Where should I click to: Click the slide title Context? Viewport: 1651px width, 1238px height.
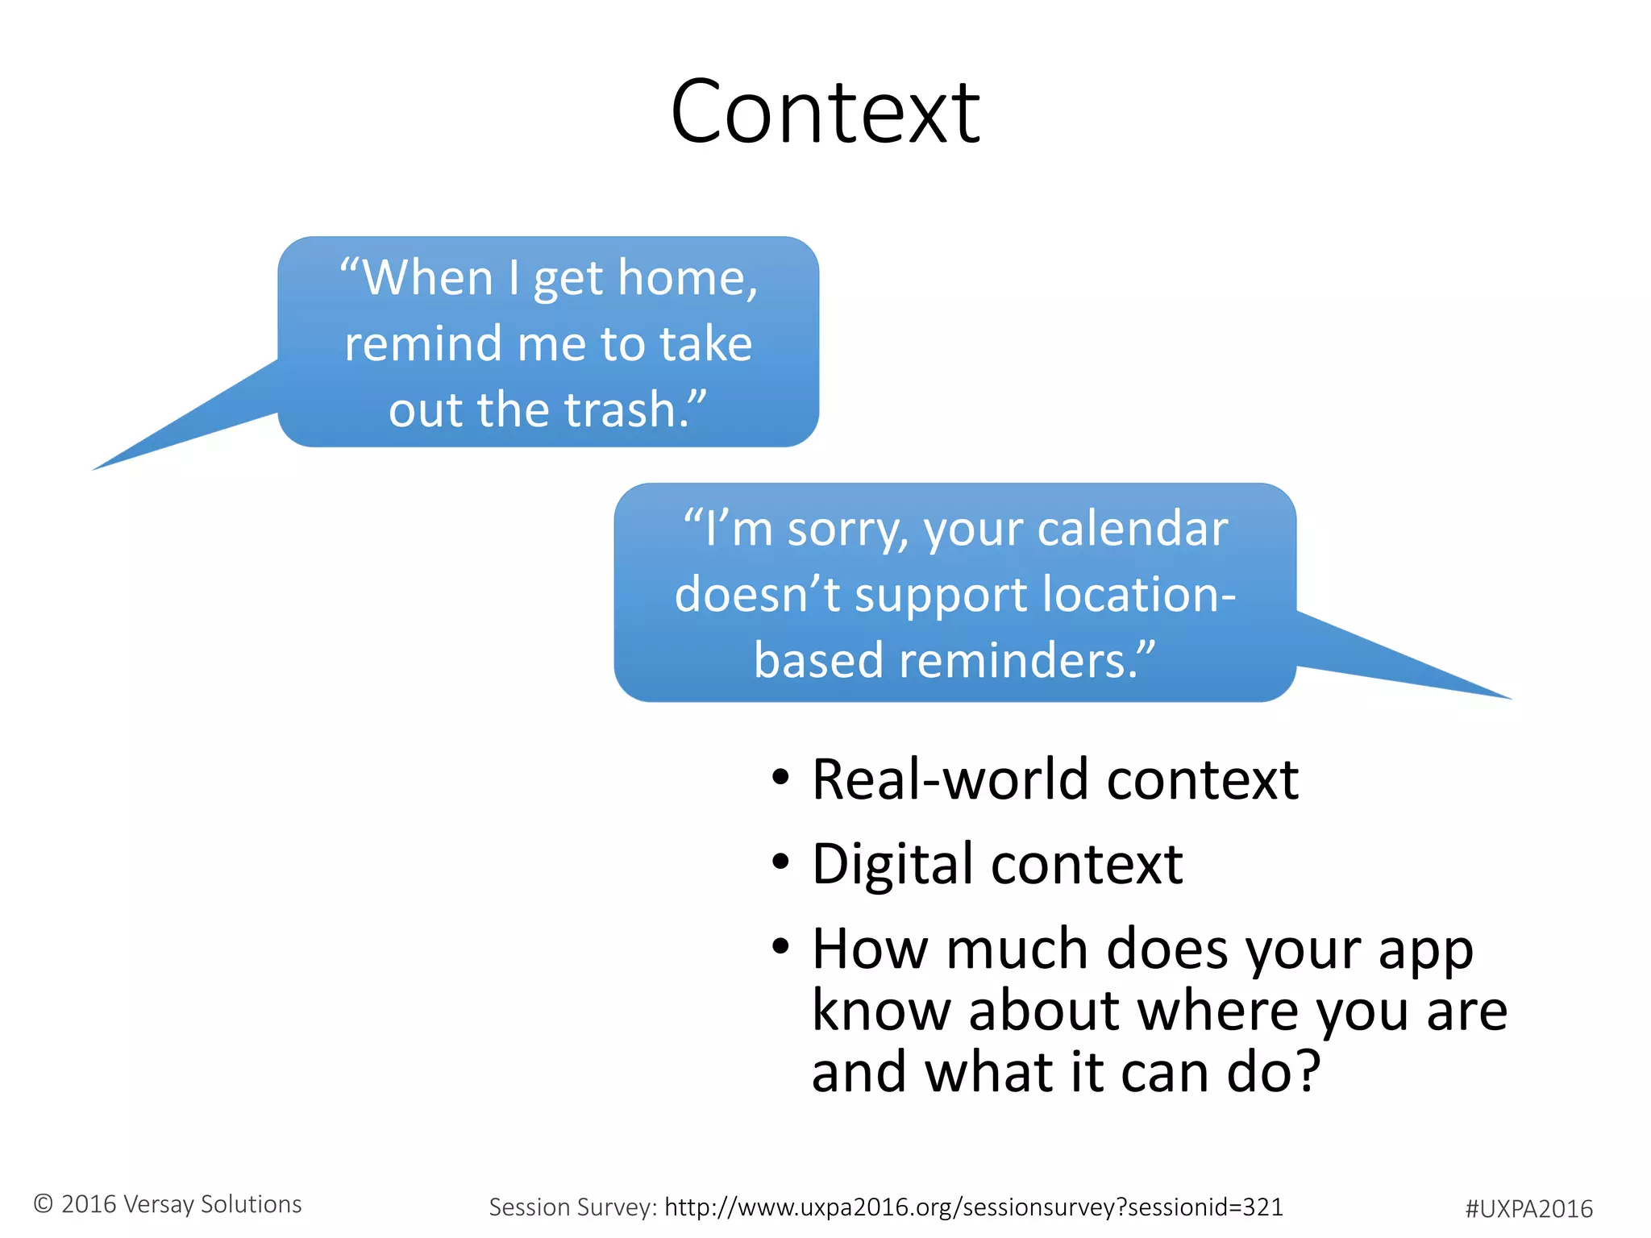pos(825,113)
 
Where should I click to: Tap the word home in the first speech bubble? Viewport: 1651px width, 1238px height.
pos(687,278)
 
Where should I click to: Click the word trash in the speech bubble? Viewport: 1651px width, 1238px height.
pos(619,409)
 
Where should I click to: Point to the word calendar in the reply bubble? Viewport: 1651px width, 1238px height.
pos(1132,530)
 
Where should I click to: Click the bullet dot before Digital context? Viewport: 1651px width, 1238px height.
pos(780,862)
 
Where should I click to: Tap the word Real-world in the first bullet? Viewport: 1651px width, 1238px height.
pos(951,780)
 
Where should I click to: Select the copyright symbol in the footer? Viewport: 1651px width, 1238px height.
pos(44,1204)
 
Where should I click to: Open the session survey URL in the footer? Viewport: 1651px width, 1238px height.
pos(973,1207)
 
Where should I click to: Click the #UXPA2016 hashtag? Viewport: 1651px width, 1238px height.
pos(1528,1209)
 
